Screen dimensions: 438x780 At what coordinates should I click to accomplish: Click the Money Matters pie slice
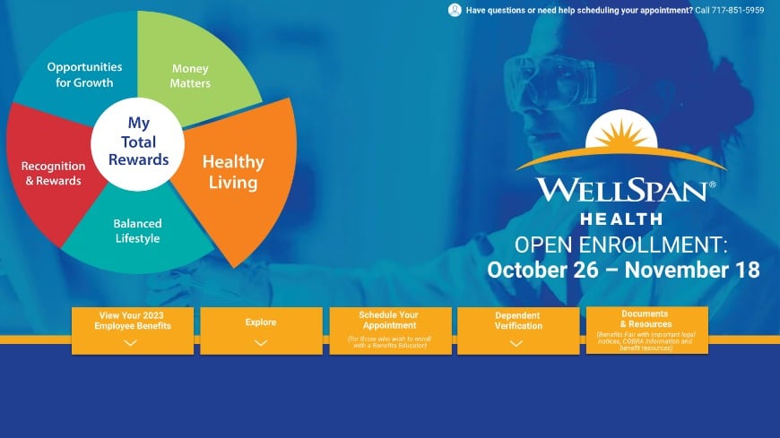coord(190,75)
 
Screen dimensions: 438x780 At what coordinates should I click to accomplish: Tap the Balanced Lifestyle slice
coord(136,231)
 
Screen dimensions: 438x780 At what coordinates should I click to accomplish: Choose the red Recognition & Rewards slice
coord(52,173)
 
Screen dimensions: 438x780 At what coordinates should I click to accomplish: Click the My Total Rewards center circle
coord(136,142)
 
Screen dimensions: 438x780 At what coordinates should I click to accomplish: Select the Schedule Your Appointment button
coord(388,330)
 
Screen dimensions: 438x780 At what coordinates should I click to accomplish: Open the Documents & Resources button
coord(646,329)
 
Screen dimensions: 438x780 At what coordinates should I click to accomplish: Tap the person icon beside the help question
coord(455,11)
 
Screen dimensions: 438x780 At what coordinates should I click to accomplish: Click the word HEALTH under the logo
coord(621,219)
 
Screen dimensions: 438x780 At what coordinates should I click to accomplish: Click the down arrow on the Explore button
coord(261,342)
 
